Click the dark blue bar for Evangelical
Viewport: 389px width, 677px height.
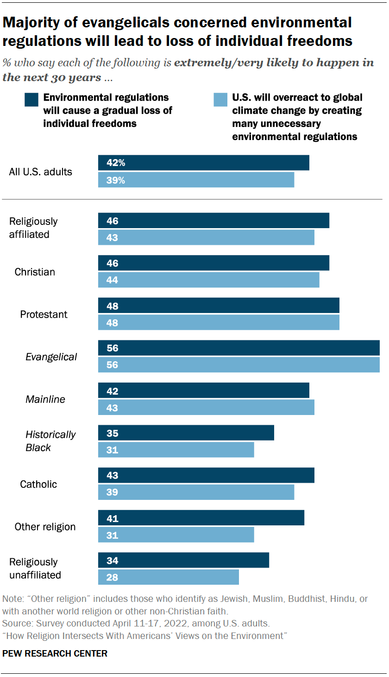click(238, 348)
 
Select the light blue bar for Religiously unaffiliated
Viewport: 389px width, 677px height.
click(169, 577)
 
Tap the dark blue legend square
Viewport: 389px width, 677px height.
click(31, 100)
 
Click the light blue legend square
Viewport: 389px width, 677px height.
click(220, 100)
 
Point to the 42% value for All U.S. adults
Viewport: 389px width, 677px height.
click(115, 163)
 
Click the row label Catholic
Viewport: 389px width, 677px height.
click(38, 484)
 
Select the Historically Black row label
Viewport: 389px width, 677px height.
click(50, 441)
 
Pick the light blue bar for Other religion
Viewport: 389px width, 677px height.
click(176, 535)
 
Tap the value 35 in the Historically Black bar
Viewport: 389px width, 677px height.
click(113, 434)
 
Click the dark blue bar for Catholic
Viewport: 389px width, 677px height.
click(206, 475)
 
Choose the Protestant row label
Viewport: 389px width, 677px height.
click(44, 314)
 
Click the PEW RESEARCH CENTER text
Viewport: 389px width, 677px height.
click(55, 653)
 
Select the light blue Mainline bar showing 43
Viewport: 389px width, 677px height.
click(206, 408)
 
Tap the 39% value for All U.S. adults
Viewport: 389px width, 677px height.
click(115, 180)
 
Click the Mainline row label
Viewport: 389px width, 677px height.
click(45, 399)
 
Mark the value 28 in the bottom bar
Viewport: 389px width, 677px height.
click(113, 577)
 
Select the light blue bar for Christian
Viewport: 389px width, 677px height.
click(208, 280)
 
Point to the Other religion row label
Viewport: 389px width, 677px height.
click(45, 527)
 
